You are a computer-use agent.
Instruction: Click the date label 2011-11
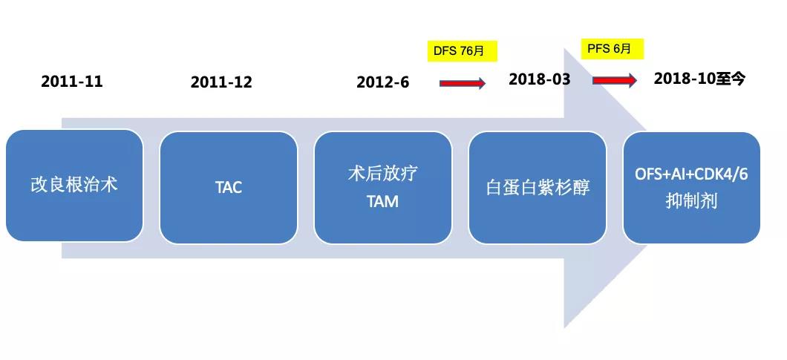pos(72,82)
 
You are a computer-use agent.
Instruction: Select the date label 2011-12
pos(221,82)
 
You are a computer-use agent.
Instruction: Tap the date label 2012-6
pos(383,82)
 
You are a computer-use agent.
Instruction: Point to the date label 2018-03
pos(540,79)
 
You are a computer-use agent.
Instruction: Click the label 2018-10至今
pos(699,79)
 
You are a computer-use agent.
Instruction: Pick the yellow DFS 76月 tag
pos(463,51)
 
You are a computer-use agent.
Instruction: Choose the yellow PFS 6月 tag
pos(613,49)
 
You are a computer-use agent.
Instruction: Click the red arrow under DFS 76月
pos(463,83)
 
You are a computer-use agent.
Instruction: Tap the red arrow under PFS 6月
pos(615,80)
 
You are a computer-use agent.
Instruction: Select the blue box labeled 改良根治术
pos(74,186)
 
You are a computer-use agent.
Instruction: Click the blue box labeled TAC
pos(229,187)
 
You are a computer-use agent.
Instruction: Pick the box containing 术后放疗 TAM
pos(383,187)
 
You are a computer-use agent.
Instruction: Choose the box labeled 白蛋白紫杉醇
pos(538,187)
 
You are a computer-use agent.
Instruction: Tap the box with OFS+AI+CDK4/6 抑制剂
pos(692,187)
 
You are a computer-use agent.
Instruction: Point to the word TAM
pos(382,201)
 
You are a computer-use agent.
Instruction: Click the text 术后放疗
pos(383,174)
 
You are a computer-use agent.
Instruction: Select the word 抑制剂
pos(691,202)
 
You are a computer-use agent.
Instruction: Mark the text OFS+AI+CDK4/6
pos(692,176)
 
